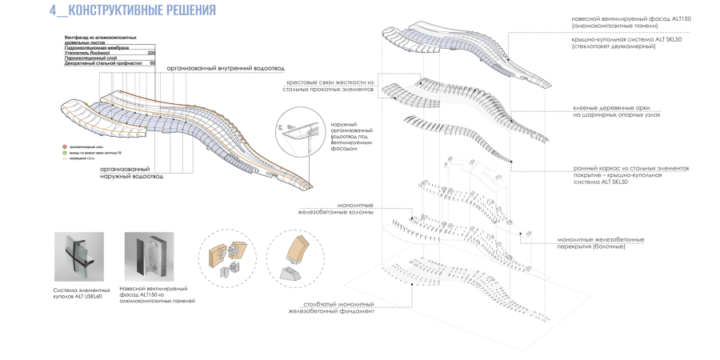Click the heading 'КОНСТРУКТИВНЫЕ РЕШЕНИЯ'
[x=143, y=11]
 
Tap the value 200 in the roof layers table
[x=151, y=53]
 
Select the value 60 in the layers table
[x=152, y=63]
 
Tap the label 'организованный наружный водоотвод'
[x=131, y=173]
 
